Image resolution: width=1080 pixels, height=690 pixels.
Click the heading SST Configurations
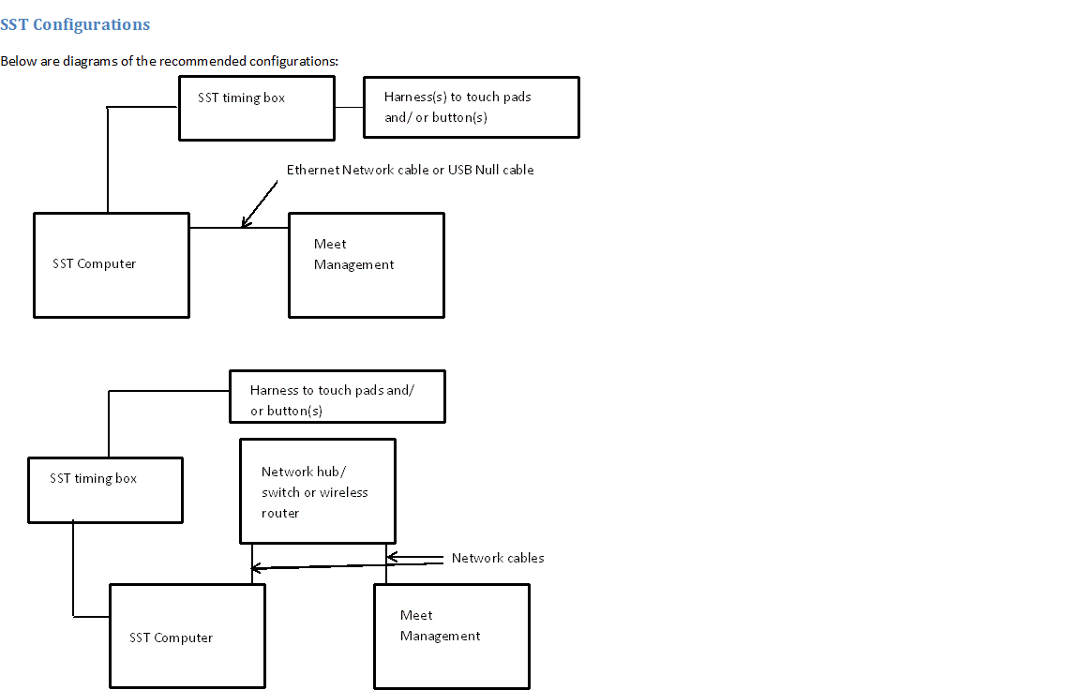click(75, 24)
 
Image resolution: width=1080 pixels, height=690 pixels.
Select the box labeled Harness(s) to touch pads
click(471, 107)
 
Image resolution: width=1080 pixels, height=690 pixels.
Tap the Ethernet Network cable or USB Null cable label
click(410, 170)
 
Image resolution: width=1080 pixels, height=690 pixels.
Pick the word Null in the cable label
click(488, 170)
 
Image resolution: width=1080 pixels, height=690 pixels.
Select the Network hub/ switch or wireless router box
click(317, 490)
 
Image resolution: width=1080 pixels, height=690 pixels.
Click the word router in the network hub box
click(280, 513)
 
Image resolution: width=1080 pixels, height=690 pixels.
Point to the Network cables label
click(498, 558)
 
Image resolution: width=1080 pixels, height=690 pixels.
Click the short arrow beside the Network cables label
click(412, 558)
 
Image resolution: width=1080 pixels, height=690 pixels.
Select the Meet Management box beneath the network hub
click(451, 636)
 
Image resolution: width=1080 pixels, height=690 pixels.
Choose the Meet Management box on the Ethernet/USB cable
click(366, 264)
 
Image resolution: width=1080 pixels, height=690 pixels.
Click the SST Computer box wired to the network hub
click(187, 636)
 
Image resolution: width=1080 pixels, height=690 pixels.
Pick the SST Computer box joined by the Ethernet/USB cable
click(111, 264)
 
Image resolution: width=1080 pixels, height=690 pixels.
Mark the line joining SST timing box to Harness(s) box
click(349, 107)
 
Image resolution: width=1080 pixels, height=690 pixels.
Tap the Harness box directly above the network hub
click(337, 396)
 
